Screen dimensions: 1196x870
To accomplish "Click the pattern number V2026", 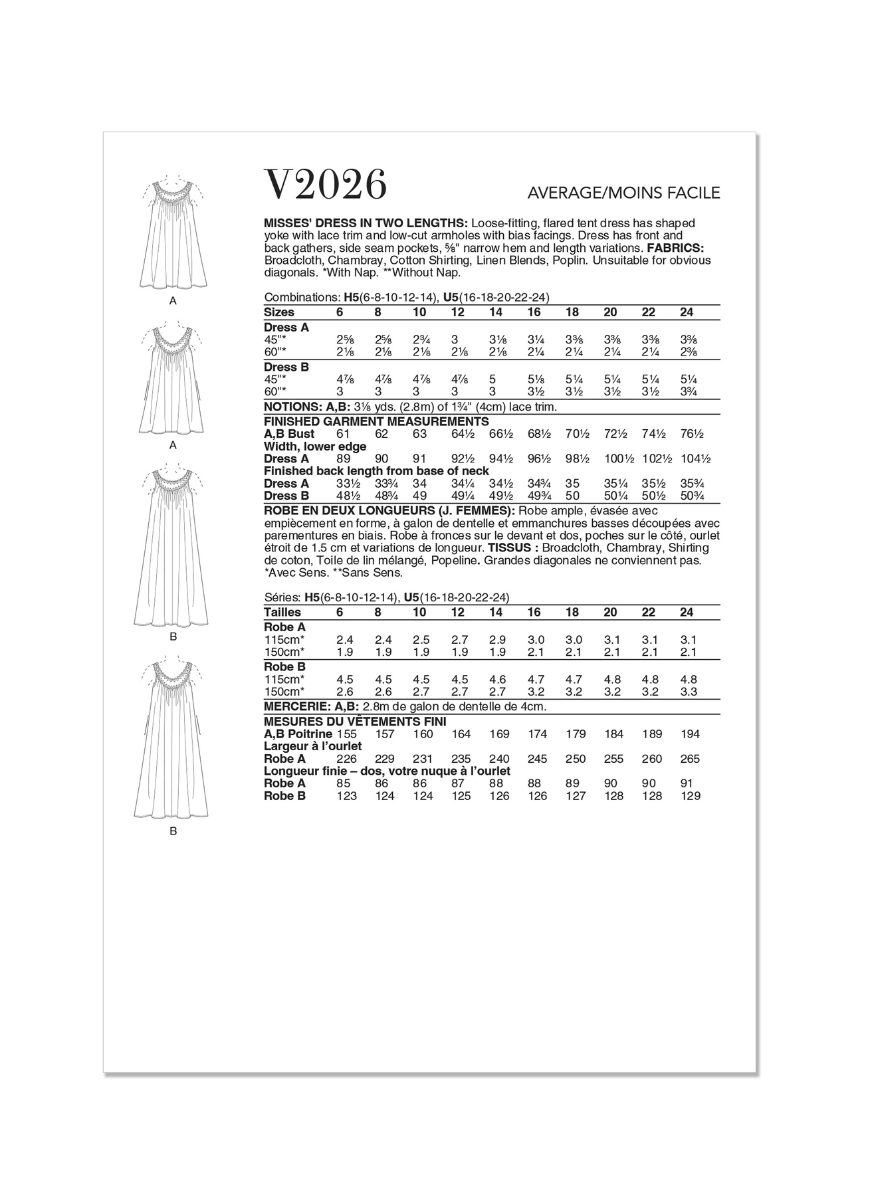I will coord(325,185).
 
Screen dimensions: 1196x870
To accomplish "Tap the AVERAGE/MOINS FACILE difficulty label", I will coord(623,193).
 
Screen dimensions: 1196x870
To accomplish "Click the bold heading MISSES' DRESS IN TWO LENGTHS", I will coord(366,223).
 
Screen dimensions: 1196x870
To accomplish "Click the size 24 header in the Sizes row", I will coord(686,312).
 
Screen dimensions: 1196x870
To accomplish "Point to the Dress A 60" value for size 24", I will coord(689,351).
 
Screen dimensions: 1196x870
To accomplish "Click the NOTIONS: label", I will coord(293,407).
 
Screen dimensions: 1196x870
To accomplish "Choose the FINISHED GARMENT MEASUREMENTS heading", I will coord(376,421).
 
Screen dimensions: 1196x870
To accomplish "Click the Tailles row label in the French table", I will coord(282,612).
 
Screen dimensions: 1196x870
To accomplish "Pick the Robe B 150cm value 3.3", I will coord(689,692).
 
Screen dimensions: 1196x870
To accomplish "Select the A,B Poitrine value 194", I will coord(691,734).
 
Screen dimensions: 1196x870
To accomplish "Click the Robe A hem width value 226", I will coord(347,759).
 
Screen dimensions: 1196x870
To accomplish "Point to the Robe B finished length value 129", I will coord(691,796).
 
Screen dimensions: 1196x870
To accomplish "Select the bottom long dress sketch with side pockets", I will coord(173,738).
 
